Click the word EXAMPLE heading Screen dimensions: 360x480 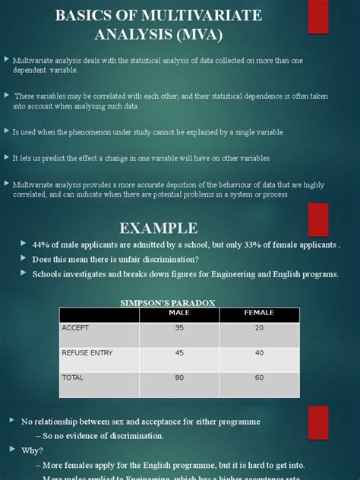pos(159,228)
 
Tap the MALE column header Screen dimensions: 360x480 pos(179,313)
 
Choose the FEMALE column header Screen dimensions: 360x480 pos(259,313)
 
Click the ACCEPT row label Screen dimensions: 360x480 pos(75,328)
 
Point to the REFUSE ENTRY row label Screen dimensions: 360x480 pos(87,352)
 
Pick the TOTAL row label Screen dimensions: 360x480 pos(72,377)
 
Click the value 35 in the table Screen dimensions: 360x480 pos(179,328)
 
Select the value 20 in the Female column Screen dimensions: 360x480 pos(260,328)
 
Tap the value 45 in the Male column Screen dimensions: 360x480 pos(179,352)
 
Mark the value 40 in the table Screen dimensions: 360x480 pos(260,352)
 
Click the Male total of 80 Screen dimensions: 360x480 pos(179,377)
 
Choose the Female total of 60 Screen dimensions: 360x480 pos(260,377)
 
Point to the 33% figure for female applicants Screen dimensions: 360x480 pos(242,245)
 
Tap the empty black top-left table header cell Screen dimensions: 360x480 pos(98,314)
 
